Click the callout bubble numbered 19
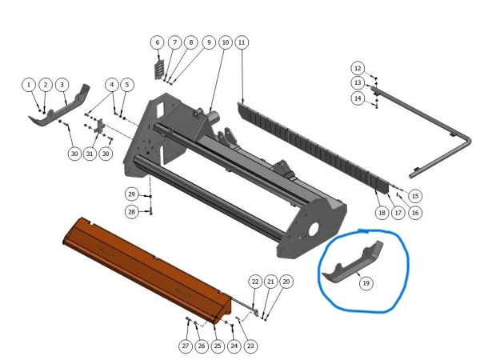(x=366, y=283)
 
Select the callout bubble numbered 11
(x=242, y=42)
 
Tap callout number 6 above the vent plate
(x=158, y=42)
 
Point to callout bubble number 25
(x=218, y=346)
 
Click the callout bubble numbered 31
(x=90, y=154)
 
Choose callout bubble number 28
(x=132, y=211)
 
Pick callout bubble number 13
(x=358, y=82)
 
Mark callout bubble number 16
(x=415, y=213)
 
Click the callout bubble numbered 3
(x=62, y=85)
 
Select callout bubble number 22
(x=255, y=282)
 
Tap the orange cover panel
(x=147, y=270)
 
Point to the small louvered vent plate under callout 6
(x=159, y=70)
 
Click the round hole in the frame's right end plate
(x=314, y=229)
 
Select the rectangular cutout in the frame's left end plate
(x=160, y=110)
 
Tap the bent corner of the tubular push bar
(x=466, y=142)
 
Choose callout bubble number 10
(x=226, y=42)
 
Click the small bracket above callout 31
(x=99, y=127)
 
